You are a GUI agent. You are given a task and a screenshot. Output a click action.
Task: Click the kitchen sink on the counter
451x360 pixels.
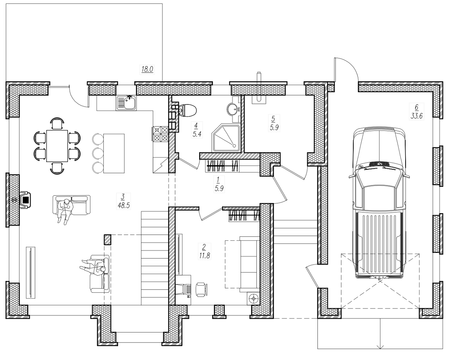[x=127, y=103]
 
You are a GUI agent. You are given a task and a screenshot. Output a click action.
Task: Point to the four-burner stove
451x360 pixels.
[x=160, y=134]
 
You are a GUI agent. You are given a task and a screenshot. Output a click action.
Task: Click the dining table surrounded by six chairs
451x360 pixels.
[x=57, y=146]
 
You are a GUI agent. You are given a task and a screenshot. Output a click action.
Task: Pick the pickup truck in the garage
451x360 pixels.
[x=379, y=202]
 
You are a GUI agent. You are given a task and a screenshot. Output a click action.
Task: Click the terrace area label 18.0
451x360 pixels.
[x=147, y=69]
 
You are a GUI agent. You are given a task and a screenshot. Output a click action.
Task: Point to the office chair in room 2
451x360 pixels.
[x=201, y=289]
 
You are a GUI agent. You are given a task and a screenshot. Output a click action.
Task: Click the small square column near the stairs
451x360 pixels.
[x=107, y=239]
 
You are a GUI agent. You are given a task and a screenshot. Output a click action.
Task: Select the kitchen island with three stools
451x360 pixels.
[x=114, y=153]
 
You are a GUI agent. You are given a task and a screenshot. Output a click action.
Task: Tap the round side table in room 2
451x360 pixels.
[x=253, y=299]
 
